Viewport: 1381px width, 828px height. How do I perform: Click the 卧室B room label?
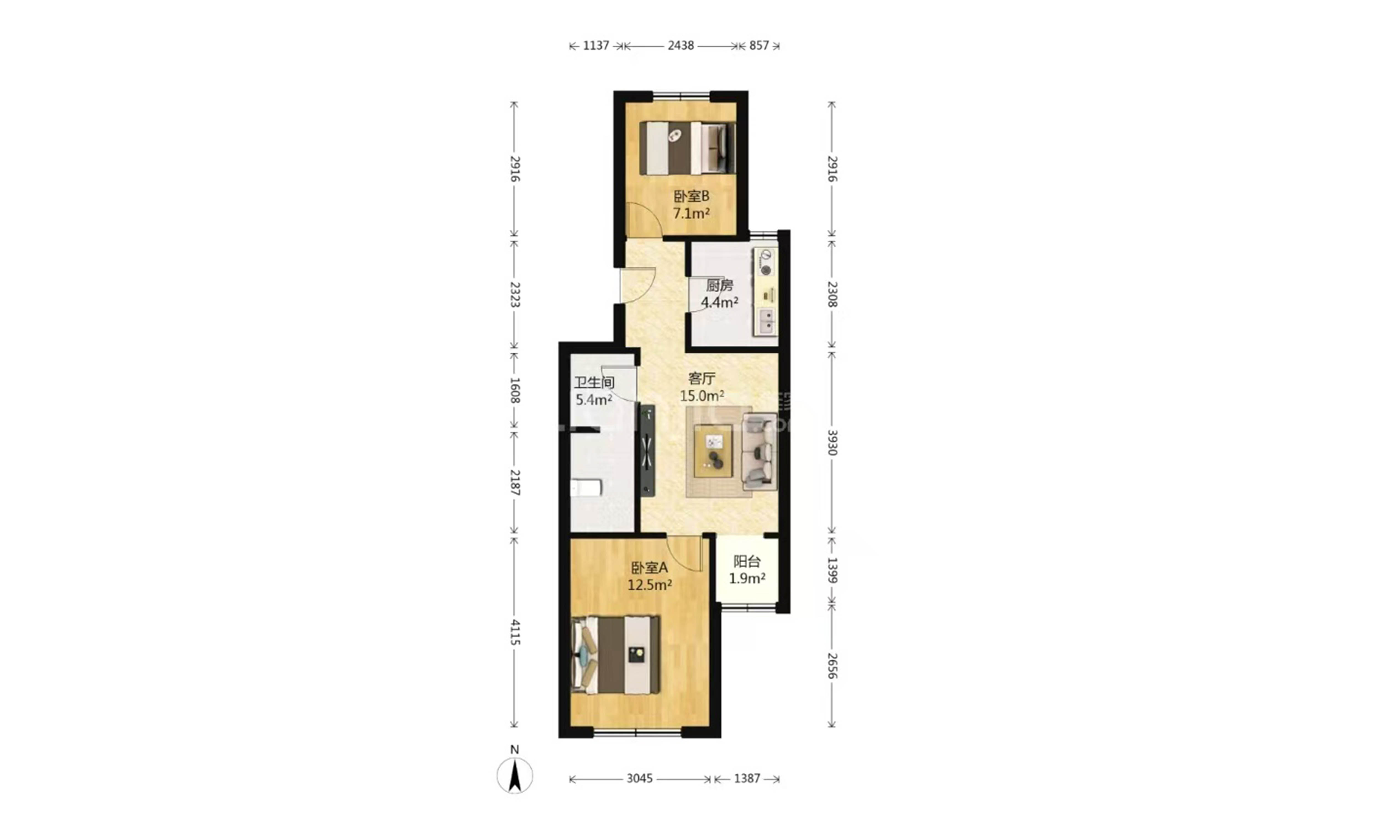click(x=691, y=197)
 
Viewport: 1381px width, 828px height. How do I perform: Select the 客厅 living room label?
click(x=702, y=379)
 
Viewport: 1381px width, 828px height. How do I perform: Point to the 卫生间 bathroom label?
click(x=594, y=383)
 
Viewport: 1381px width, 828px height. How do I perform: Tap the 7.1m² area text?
click(x=691, y=213)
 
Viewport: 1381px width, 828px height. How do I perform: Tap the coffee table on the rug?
click(x=713, y=451)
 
